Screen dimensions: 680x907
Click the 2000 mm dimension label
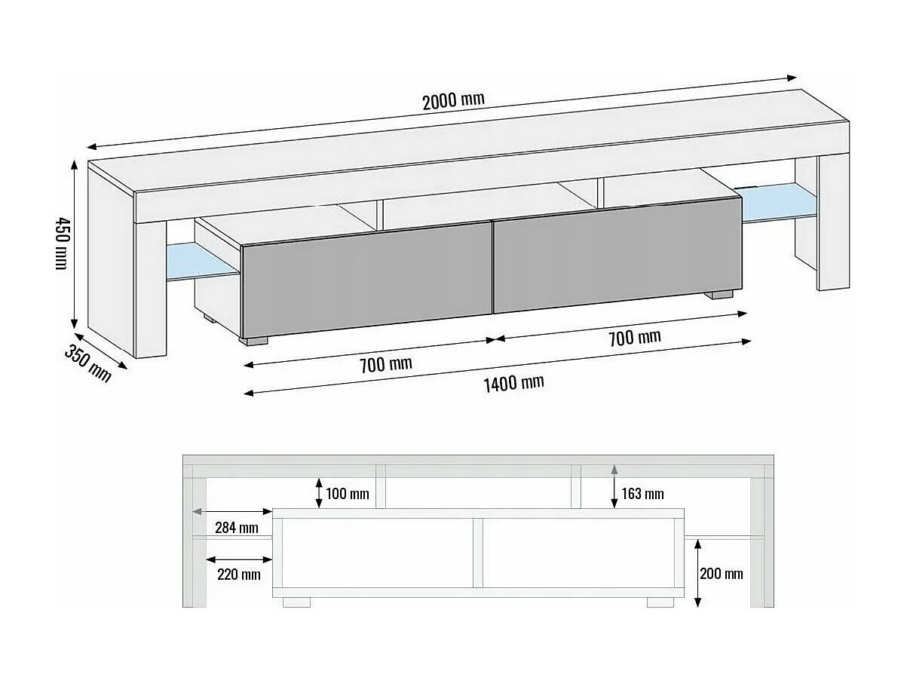[452, 100]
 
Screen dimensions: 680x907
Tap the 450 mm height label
[60, 243]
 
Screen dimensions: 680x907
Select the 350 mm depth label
[88, 363]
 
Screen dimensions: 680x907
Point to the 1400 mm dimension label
[513, 383]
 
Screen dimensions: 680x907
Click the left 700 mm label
[385, 365]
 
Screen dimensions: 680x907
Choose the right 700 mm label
[634, 337]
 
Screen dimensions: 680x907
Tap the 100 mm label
[347, 494]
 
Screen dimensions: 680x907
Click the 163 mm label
[642, 494]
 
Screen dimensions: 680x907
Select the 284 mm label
[237, 528]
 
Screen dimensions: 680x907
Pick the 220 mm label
[239, 574]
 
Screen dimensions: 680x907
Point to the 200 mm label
[722, 574]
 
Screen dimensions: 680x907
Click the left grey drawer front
[366, 279]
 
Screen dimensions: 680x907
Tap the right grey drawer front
[616, 254]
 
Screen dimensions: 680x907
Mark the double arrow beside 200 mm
[698, 572]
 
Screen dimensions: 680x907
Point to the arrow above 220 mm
[239, 559]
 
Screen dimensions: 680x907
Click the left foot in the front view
[297, 602]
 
